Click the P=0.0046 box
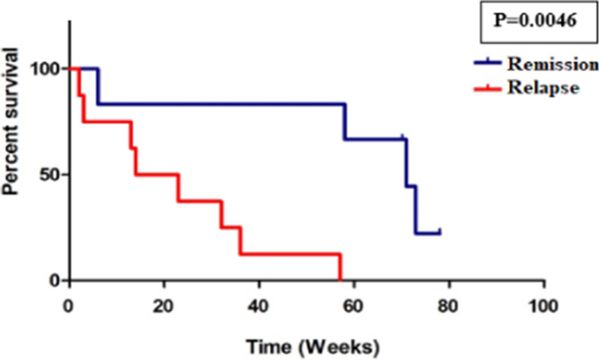point(536,21)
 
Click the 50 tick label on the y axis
point(50,175)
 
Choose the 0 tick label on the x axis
point(69,303)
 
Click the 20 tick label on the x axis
point(164,303)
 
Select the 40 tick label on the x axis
point(259,303)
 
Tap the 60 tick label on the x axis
point(353,303)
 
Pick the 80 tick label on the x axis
point(449,303)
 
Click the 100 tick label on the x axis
point(543,303)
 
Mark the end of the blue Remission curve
point(439,232)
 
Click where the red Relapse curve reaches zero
point(339,280)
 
